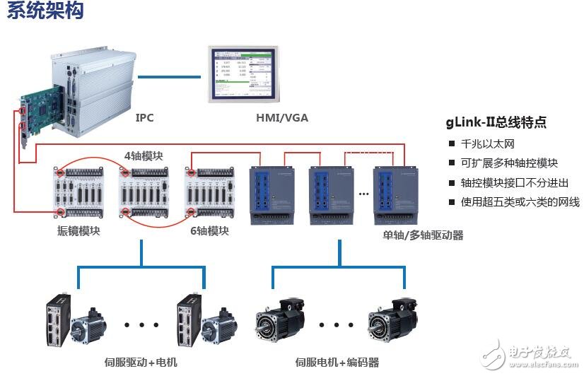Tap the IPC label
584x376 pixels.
[146, 118]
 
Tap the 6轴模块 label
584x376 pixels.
[209, 230]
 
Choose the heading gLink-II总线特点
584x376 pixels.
[496, 122]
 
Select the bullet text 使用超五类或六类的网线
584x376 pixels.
[520, 203]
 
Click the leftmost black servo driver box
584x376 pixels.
[59, 322]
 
